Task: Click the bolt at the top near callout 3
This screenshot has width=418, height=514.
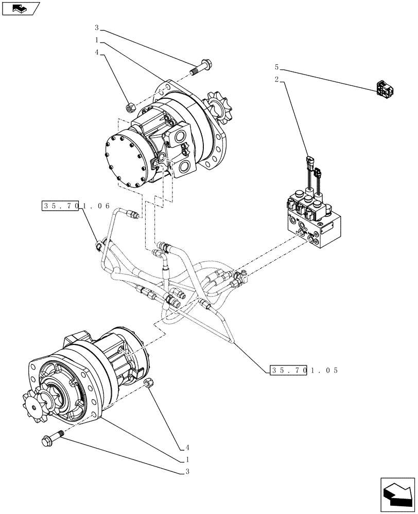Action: click(x=202, y=66)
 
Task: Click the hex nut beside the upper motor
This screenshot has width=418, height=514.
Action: click(x=131, y=107)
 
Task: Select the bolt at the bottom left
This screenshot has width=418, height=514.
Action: click(x=50, y=439)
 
